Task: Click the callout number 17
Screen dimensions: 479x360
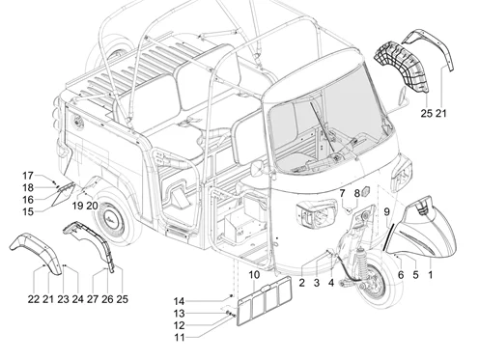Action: [x=28, y=176]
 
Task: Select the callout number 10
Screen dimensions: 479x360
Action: [x=254, y=275]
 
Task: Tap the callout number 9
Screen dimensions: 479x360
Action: [x=387, y=212]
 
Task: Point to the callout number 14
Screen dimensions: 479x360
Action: [x=179, y=301]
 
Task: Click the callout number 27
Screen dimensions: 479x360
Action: [x=93, y=299]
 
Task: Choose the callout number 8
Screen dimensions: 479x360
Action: [x=356, y=193]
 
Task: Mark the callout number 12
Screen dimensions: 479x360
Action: [x=179, y=325]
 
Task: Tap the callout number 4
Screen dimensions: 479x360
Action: [x=331, y=283]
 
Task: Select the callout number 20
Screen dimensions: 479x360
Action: [x=92, y=206]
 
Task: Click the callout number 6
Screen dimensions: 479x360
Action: [x=401, y=275]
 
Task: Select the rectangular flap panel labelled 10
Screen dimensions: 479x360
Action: [x=265, y=301]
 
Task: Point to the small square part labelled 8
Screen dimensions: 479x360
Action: [x=366, y=192]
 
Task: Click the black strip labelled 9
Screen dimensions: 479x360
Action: [x=388, y=237]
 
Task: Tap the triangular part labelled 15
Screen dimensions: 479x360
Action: [x=62, y=194]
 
